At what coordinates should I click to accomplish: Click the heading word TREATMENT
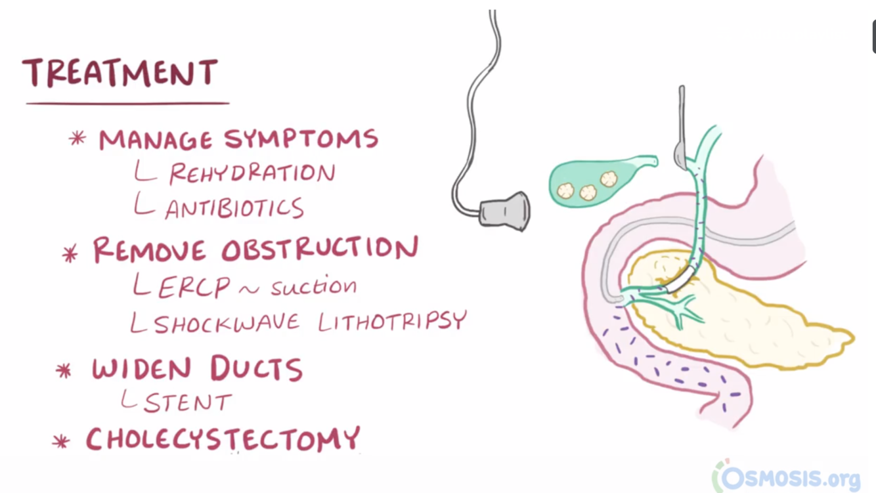click(120, 73)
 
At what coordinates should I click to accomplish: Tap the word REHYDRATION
click(252, 174)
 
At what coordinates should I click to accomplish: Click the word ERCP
click(194, 288)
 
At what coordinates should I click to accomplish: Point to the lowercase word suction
click(314, 286)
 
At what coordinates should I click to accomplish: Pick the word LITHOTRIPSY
click(392, 321)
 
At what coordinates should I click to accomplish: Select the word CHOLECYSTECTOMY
click(223, 439)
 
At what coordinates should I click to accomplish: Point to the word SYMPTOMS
click(301, 139)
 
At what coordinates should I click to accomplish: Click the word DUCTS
click(257, 370)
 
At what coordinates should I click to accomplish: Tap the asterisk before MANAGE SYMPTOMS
click(77, 139)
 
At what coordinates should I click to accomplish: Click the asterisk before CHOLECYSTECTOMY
click(61, 442)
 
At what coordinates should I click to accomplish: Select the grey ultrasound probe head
click(504, 210)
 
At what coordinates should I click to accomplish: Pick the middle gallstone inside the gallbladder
click(588, 192)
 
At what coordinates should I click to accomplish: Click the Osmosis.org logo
click(787, 476)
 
